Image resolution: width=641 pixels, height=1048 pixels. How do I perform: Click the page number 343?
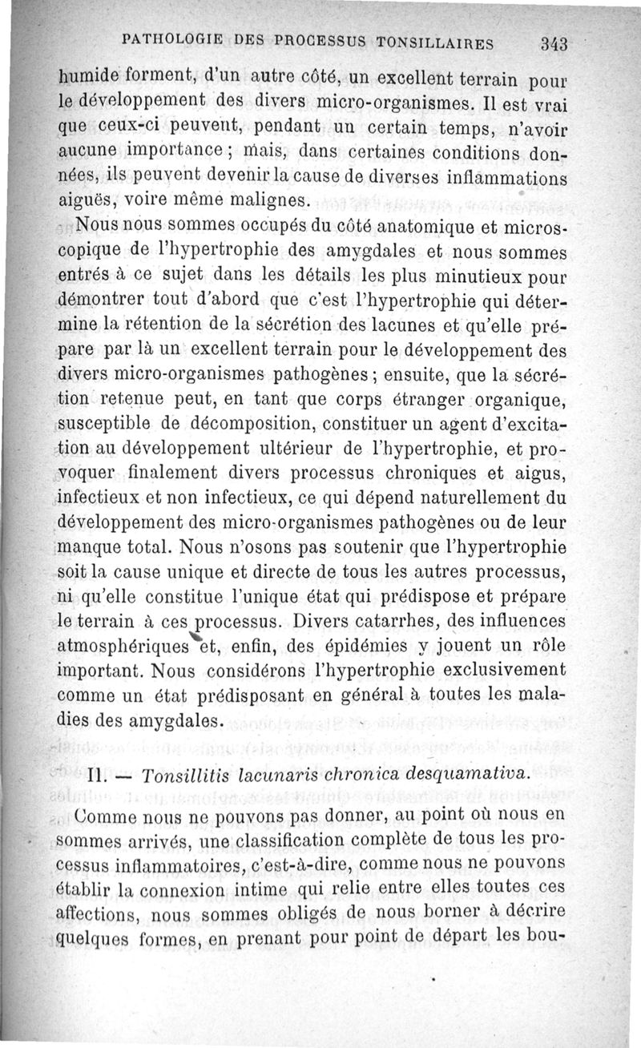pyautogui.click(x=554, y=44)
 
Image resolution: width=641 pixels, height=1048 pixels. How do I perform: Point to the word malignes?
pyautogui.click(x=270, y=199)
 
